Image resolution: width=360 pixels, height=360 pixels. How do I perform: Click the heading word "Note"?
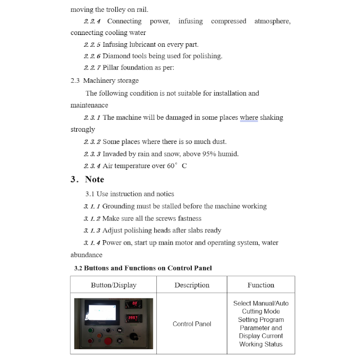tap(95, 179)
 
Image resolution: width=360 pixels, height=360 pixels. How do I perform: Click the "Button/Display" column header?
tap(114, 285)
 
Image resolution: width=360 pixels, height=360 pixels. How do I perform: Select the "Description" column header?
tap(192, 285)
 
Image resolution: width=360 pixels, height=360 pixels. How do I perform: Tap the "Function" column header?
tap(261, 285)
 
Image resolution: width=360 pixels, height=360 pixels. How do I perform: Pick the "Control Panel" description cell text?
tap(192, 324)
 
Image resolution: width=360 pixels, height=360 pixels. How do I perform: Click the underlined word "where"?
tap(249, 117)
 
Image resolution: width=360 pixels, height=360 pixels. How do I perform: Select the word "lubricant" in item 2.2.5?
tap(139, 44)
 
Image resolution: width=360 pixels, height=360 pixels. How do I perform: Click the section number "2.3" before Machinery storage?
tap(75, 81)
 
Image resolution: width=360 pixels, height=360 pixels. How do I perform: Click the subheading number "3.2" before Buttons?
tap(78, 268)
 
